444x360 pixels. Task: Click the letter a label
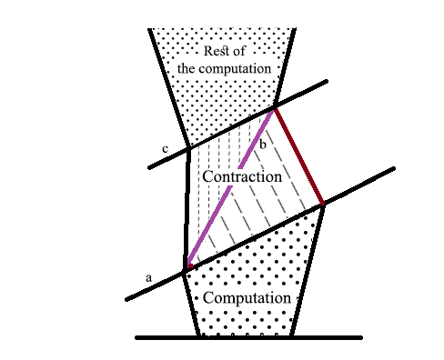(x=149, y=275)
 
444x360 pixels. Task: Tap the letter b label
(x=263, y=145)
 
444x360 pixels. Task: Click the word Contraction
(x=242, y=176)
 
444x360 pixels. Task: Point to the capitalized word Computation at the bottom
(x=247, y=298)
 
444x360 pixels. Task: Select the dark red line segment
(x=298, y=156)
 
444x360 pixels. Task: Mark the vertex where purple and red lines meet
(x=275, y=109)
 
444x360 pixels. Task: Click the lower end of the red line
(x=322, y=205)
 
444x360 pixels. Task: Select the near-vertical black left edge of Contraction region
(x=188, y=209)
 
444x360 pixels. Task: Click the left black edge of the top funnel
(x=169, y=91)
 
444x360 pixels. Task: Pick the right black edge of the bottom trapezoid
(x=308, y=273)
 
